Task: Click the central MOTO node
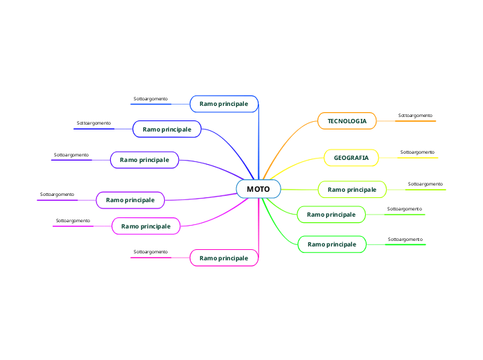pyautogui.click(x=258, y=189)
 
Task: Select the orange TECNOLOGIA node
pyautogui.click(x=346, y=121)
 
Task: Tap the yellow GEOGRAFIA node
pyautogui.click(x=351, y=158)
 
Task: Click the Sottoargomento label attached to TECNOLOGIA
pyautogui.click(x=415, y=115)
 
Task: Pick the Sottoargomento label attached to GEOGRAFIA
pyautogui.click(x=417, y=152)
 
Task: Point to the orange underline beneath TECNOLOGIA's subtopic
pyautogui.click(x=415, y=121)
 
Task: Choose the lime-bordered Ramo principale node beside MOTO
pyautogui.click(x=352, y=189)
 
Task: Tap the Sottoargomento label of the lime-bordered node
pyautogui.click(x=425, y=183)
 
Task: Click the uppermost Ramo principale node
pyautogui.click(x=224, y=104)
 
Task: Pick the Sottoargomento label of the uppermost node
pyautogui.click(x=150, y=99)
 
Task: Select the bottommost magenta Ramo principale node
pyautogui.click(x=224, y=258)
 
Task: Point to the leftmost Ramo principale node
pyautogui.click(x=130, y=200)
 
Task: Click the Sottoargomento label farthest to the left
pyautogui.click(x=57, y=195)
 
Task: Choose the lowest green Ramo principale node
pyautogui.click(x=332, y=244)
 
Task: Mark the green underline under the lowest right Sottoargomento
pyautogui.click(x=405, y=244)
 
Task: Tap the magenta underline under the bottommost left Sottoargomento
pyautogui.click(x=150, y=258)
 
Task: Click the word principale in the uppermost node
pyautogui.click(x=234, y=104)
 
